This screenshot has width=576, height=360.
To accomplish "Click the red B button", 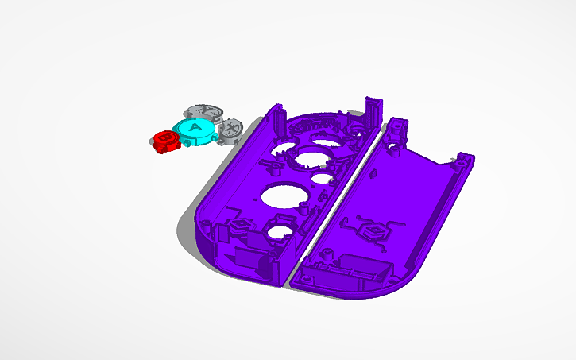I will click(x=166, y=141).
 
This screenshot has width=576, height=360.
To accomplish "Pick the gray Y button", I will click(x=205, y=111).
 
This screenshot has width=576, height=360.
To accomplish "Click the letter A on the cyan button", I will click(x=194, y=127).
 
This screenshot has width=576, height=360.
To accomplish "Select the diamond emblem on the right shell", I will click(x=373, y=231).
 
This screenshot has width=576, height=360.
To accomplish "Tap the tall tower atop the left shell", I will click(x=373, y=110).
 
